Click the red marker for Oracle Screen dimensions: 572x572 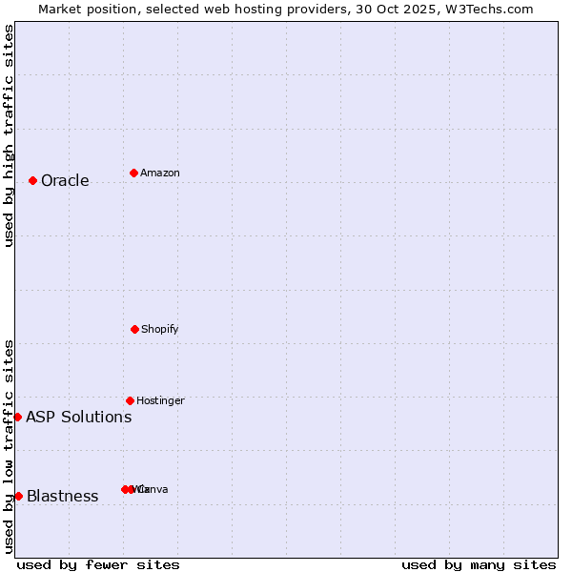[x=32, y=180]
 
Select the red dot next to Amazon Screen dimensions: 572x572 [x=133, y=173]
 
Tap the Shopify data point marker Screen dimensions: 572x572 [x=134, y=329]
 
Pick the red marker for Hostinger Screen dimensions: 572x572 [x=130, y=400]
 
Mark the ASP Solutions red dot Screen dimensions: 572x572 [x=17, y=417]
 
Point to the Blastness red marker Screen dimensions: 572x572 [x=18, y=496]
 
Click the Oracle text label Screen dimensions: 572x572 [x=65, y=181]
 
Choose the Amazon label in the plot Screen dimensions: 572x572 [x=160, y=174]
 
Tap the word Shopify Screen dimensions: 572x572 [x=160, y=330]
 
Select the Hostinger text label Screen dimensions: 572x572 [x=160, y=401]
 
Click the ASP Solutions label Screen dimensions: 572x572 [x=78, y=418]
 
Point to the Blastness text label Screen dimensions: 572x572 [x=63, y=497]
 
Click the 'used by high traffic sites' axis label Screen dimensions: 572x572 [x=9, y=135]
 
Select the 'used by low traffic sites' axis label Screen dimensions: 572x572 [x=9, y=446]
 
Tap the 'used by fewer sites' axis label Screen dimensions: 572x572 [x=98, y=564]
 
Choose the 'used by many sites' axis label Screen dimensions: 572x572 [x=479, y=564]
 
